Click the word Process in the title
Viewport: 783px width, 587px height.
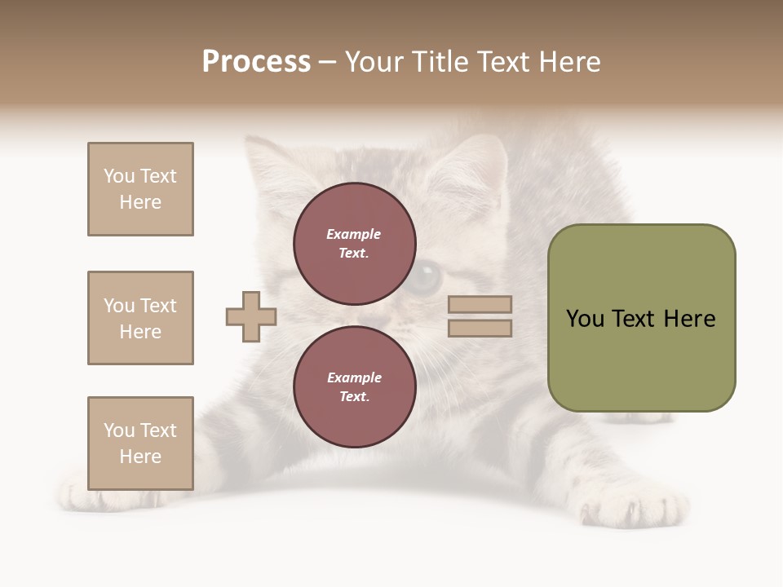(x=256, y=62)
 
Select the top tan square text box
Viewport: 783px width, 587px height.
(x=140, y=189)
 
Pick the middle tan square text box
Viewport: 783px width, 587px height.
(x=140, y=318)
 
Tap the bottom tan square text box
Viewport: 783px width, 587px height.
(x=140, y=444)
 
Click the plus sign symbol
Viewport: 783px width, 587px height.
(x=251, y=316)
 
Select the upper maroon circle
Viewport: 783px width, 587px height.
(x=354, y=244)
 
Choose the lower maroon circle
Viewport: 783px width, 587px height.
(x=354, y=387)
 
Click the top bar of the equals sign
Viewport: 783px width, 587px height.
(x=480, y=305)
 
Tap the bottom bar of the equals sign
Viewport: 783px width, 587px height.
(x=480, y=328)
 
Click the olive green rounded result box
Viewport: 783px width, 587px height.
(x=641, y=318)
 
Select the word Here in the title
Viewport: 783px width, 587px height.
(x=566, y=62)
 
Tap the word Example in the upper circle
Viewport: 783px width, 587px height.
(x=353, y=234)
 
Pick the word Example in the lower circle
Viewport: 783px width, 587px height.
(x=354, y=377)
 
